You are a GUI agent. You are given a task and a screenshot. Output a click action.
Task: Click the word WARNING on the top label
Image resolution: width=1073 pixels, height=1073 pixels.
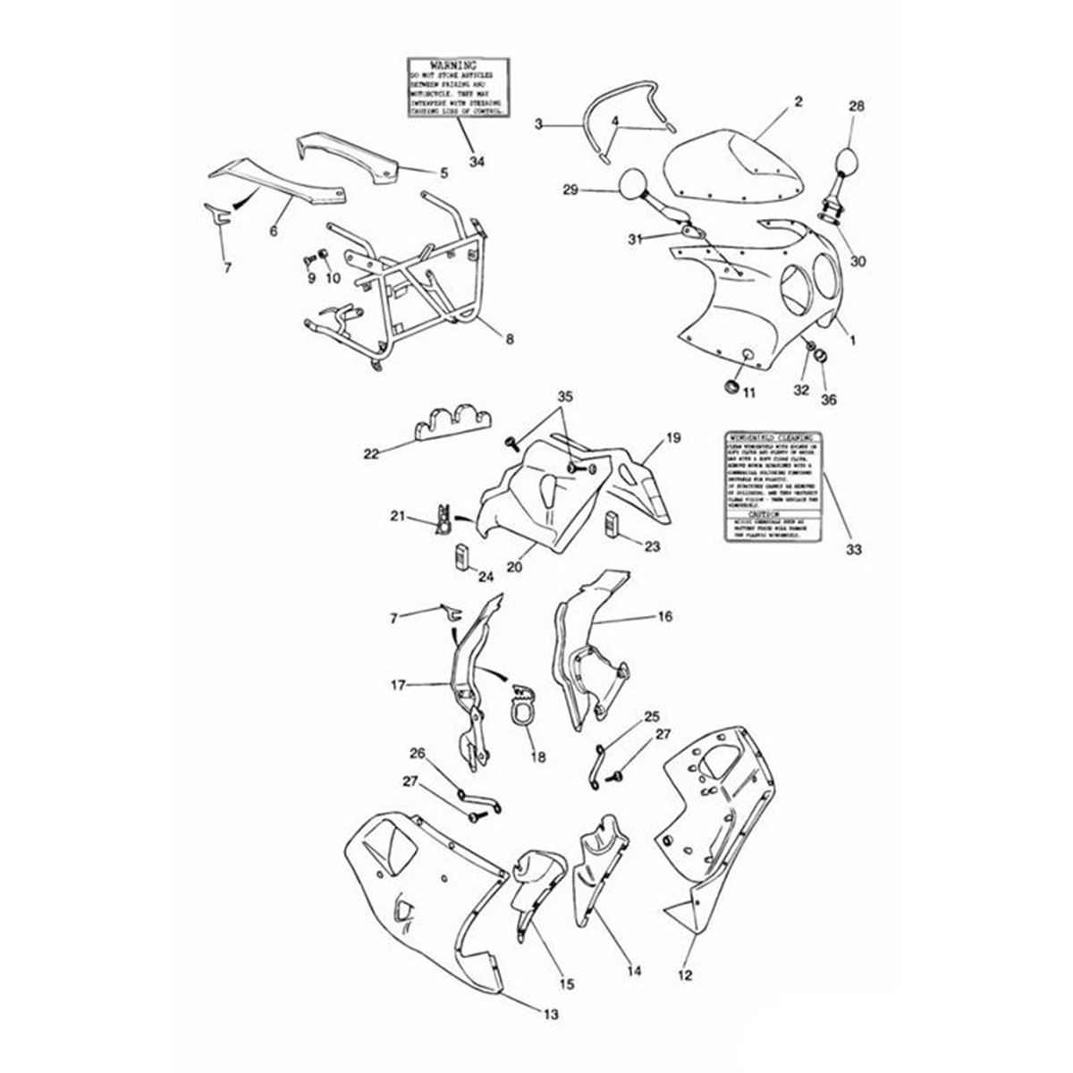(458, 66)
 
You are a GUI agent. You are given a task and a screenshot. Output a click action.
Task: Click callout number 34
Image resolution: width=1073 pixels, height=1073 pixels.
(477, 161)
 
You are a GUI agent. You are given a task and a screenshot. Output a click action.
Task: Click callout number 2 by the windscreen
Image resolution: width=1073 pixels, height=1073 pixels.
(797, 103)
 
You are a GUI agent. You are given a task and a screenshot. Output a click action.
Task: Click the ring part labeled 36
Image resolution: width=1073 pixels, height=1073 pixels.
(825, 359)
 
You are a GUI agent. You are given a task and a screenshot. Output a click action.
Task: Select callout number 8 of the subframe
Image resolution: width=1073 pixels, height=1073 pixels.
(509, 340)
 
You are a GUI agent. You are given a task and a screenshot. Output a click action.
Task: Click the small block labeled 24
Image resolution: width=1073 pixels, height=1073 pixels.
(460, 557)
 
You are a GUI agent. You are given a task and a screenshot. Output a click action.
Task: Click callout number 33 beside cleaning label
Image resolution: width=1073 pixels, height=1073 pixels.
(854, 550)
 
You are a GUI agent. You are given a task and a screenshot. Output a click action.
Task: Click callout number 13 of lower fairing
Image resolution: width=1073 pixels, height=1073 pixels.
(552, 1014)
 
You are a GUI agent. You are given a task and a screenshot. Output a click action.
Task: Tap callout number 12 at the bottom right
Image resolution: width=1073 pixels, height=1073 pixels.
(686, 976)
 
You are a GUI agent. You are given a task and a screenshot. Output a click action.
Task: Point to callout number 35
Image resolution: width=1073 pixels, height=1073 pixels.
(564, 421)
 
